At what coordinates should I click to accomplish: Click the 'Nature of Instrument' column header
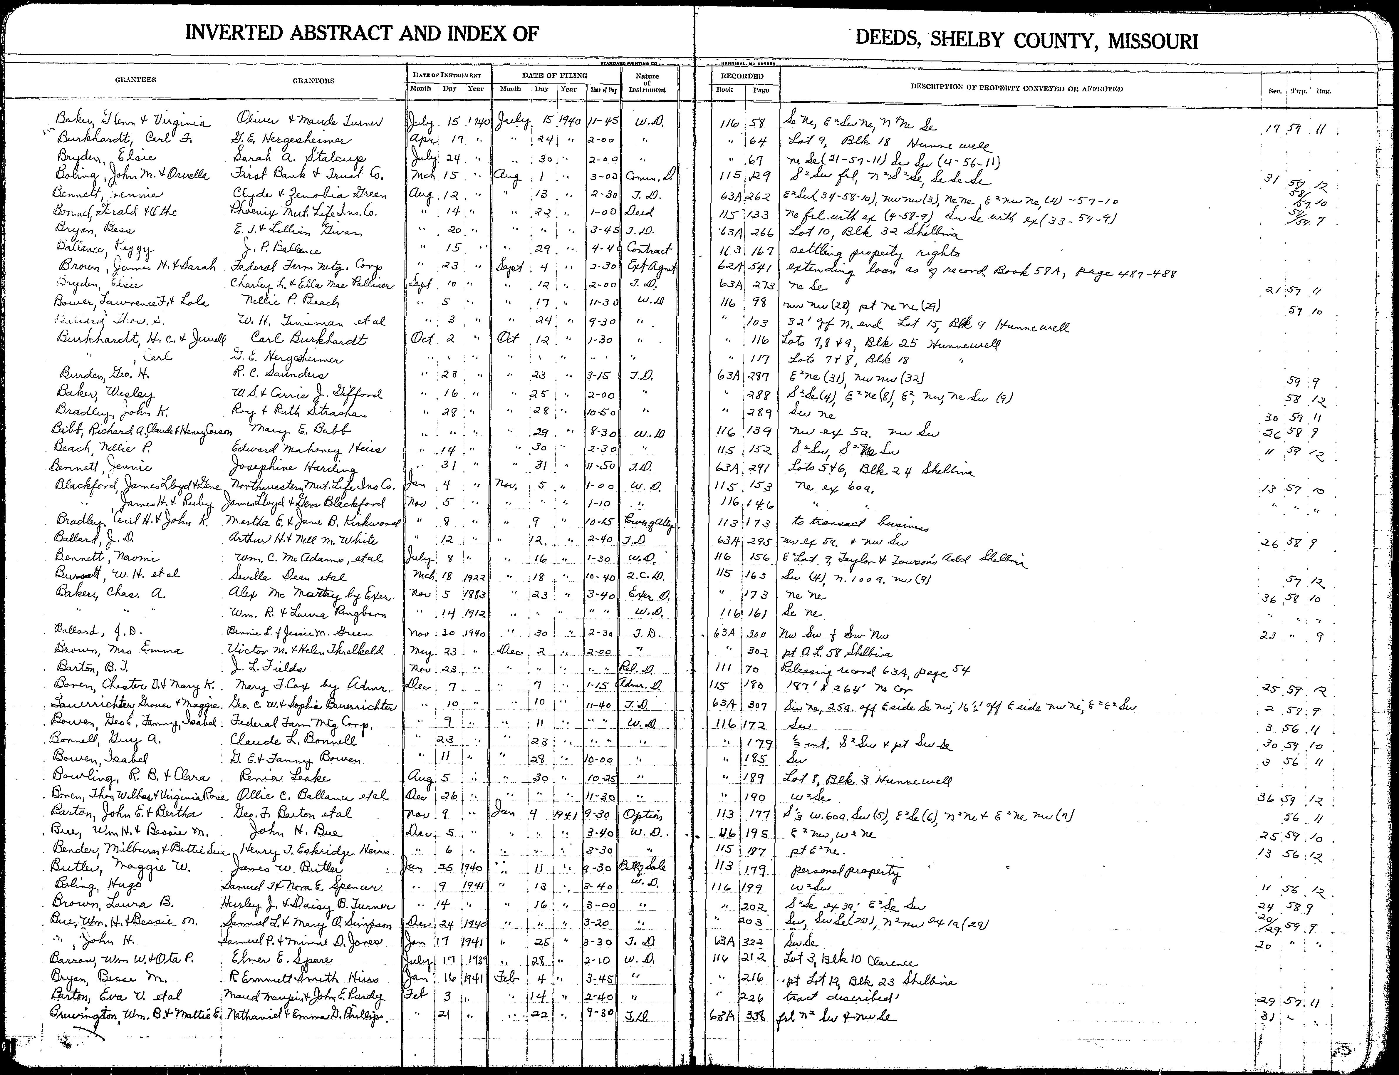click(x=647, y=83)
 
